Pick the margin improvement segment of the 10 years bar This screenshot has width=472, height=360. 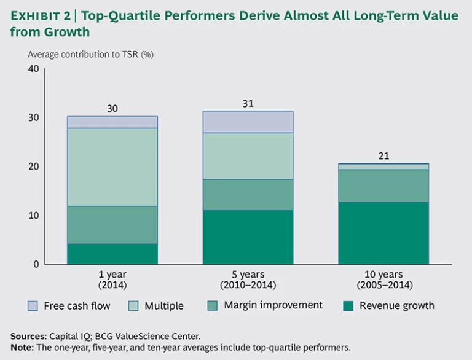click(383, 186)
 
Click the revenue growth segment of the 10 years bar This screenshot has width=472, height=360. click(383, 233)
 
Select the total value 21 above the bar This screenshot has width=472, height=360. click(383, 157)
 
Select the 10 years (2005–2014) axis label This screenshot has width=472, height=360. click(383, 280)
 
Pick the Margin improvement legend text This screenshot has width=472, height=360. click(273, 305)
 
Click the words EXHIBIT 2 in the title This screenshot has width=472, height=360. click(41, 16)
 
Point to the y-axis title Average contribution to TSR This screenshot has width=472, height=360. click(90, 54)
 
